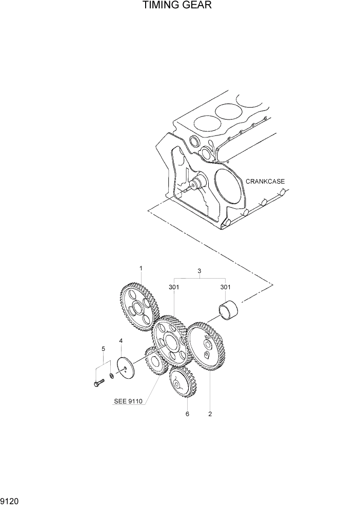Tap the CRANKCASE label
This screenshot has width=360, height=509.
tap(265, 181)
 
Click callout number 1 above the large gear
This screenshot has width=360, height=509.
tap(141, 268)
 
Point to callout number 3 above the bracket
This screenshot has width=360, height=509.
tap(199, 271)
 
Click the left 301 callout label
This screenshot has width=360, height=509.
tap(174, 287)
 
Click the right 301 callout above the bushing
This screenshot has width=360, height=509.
tap(226, 287)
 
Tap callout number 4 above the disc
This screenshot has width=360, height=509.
tap(121, 341)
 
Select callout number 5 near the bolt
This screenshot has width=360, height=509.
tap(103, 349)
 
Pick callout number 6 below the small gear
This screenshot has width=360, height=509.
tap(187, 414)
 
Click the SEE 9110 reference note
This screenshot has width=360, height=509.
tap(128, 402)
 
